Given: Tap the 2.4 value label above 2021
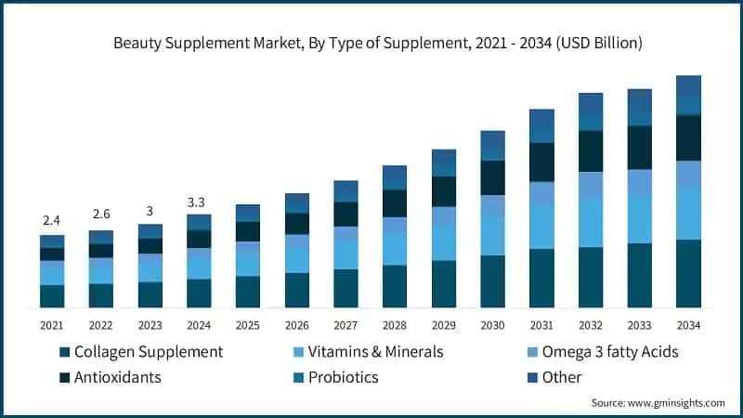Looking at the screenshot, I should (x=52, y=220).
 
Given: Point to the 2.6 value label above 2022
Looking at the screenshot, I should (x=100, y=216).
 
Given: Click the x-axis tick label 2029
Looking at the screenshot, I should (x=443, y=325).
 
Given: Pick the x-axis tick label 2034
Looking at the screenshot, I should (x=688, y=325).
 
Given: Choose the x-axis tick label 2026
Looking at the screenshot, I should (x=296, y=325).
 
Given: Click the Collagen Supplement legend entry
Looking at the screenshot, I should (x=148, y=352).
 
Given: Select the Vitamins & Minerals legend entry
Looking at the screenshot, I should (x=375, y=352).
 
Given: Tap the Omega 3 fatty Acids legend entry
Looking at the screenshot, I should (x=612, y=352).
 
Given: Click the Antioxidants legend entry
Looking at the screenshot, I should (x=117, y=377).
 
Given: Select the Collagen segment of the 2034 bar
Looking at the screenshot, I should (x=688, y=273).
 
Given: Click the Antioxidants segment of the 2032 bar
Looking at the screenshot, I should (x=591, y=151).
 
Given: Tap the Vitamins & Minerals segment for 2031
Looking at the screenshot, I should (x=541, y=227).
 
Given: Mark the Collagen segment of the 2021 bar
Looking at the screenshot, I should (x=52, y=295).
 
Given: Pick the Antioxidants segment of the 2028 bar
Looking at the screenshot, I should (x=395, y=203).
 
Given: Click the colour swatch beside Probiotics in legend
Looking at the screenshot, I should (x=300, y=378).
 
